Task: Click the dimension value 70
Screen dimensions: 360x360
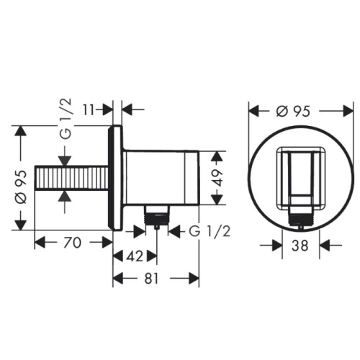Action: (x=73, y=243)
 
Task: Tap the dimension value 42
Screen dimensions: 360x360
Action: (x=135, y=256)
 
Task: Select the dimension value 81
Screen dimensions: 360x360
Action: (x=151, y=279)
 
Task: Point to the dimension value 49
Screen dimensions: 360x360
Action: (x=217, y=178)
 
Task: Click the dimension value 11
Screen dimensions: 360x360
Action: (x=89, y=110)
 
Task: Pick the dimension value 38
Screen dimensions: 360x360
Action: (x=300, y=246)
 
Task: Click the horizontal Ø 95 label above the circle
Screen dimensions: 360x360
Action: (x=293, y=111)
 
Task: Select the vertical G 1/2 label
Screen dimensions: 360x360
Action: (x=66, y=119)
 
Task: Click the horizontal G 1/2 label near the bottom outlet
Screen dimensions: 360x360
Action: (x=210, y=231)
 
